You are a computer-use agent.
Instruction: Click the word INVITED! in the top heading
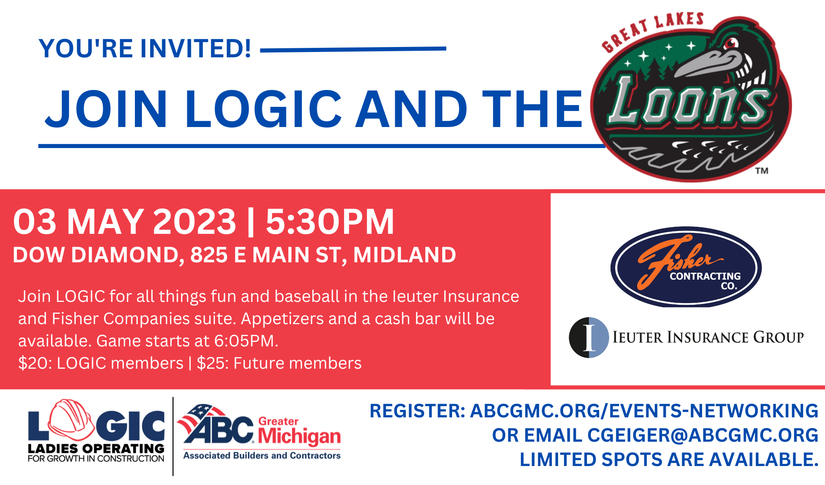(x=196, y=49)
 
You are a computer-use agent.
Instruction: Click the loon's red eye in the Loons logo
(x=731, y=43)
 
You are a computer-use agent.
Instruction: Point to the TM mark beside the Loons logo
(x=762, y=171)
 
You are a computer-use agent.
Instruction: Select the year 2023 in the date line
(x=195, y=221)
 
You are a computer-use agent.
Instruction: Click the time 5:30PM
(x=330, y=221)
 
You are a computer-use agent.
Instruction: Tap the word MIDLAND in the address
(x=405, y=254)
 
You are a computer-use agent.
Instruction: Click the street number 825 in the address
(x=209, y=254)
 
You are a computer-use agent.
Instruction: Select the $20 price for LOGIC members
(x=33, y=363)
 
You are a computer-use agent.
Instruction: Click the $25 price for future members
(x=212, y=363)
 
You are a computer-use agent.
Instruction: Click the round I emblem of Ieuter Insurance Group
(x=589, y=337)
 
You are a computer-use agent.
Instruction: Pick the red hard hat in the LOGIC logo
(x=71, y=420)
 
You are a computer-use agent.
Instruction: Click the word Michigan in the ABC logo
(x=299, y=437)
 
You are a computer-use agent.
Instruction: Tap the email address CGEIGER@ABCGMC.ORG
(x=703, y=436)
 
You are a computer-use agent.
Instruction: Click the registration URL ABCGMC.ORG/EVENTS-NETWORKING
(x=644, y=411)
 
